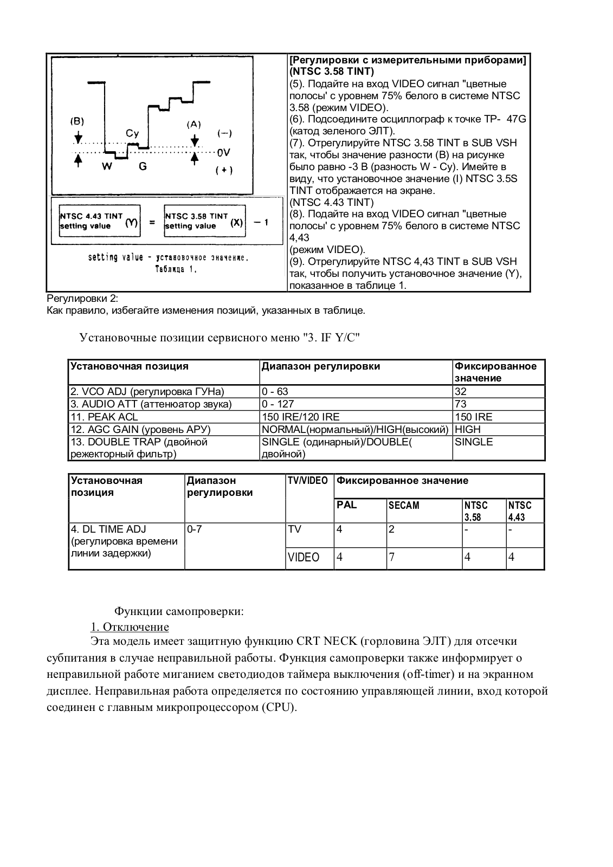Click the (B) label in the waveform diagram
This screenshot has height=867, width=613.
(77, 121)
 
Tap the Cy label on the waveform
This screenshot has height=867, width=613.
(132, 133)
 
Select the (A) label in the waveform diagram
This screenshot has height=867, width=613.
(194, 124)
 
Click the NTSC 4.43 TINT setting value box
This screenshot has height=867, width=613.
(99, 221)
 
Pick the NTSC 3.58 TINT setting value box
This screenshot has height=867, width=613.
(204, 221)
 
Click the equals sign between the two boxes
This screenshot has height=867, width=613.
(152, 222)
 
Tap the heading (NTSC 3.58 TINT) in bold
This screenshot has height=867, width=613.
(332, 72)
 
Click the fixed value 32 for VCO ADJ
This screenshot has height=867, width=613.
(461, 391)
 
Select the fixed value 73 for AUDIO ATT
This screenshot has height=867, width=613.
(461, 404)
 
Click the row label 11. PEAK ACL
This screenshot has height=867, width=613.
(104, 417)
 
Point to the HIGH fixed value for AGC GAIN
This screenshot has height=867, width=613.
(468, 429)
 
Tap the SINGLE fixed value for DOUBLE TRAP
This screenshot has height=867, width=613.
(474, 442)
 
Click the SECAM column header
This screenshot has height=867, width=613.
(404, 505)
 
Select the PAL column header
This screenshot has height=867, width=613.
(347, 504)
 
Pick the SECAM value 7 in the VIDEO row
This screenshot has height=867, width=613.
(392, 557)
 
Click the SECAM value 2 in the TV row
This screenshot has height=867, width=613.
(392, 529)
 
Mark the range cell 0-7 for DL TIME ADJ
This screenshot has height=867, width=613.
(195, 529)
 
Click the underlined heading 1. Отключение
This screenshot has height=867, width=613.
(130, 627)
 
